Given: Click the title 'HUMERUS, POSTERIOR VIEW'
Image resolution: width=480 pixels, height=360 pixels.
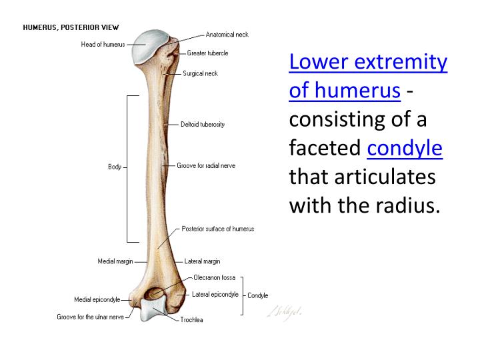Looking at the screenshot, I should click(x=71, y=27).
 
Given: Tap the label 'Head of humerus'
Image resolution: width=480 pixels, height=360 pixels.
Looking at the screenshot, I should click(x=103, y=45).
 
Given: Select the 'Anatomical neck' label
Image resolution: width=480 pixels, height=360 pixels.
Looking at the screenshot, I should click(x=227, y=34).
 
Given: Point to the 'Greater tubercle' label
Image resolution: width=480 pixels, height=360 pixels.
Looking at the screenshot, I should click(x=207, y=53).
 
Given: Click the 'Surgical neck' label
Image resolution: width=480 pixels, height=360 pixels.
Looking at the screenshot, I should click(x=200, y=73).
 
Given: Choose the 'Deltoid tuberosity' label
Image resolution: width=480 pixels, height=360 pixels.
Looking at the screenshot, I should click(x=203, y=124).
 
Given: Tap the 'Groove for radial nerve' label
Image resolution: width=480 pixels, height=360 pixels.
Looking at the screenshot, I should click(x=206, y=165).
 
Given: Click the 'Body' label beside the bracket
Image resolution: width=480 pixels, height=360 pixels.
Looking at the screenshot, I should click(x=115, y=167).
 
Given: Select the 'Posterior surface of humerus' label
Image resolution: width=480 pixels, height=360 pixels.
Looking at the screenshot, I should click(x=218, y=229).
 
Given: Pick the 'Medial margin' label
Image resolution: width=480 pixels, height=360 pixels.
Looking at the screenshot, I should click(x=116, y=261).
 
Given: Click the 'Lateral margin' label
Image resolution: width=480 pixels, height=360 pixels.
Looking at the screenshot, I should click(x=202, y=261).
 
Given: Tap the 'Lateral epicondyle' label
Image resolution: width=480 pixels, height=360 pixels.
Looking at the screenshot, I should click(x=215, y=294).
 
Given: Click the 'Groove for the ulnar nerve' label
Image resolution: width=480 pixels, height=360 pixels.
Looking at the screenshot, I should click(x=90, y=317).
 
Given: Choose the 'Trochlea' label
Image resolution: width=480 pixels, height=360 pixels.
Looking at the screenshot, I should click(x=192, y=320).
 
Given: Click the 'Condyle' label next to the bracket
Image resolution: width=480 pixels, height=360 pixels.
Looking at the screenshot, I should click(x=257, y=295).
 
